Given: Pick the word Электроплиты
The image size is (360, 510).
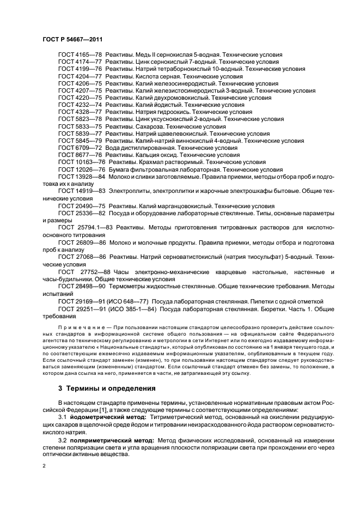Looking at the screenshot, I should click(130, 192).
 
